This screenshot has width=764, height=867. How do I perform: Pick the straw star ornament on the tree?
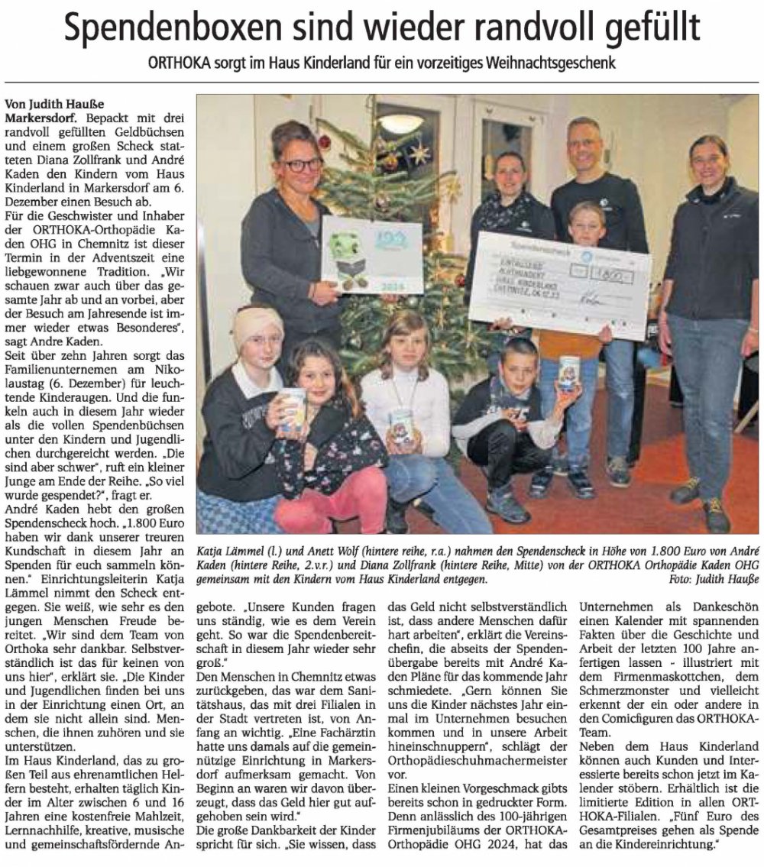pyautogui.click(x=419, y=153)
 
